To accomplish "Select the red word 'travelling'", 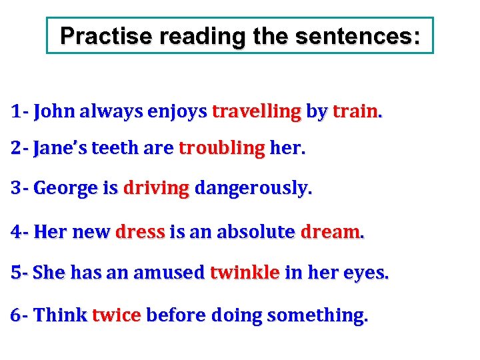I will (257, 111).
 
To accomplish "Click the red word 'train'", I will (355, 111).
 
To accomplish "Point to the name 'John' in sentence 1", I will (55, 111).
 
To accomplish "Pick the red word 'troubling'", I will (221, 148).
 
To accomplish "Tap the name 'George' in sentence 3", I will (65, 189).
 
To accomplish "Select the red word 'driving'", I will (157, 189).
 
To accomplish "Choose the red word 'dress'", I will (140, 232).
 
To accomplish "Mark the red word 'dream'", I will (330, 232).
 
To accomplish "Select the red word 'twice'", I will (116, 314).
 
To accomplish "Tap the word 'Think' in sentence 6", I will (60, 314).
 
